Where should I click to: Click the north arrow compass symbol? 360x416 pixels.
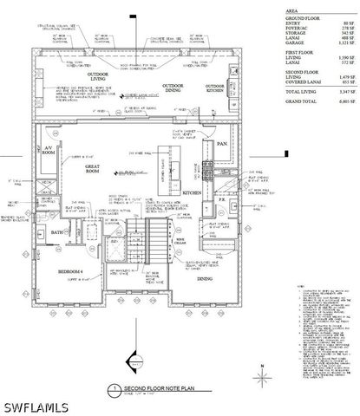pyautogui.click(x=262, y=374)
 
